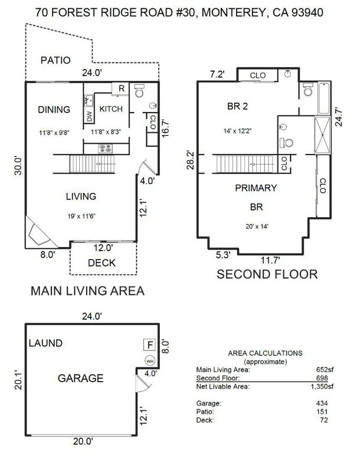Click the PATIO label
point(55,60)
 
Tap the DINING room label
point(54,109)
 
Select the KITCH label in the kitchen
point(110,109)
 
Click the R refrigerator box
point(121,89)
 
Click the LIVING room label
point(81,196)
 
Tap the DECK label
point(102,263)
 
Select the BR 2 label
point(239,107)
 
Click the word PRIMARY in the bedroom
point(256,188)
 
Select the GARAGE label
point(81,378)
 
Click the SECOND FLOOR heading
point(267,274)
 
